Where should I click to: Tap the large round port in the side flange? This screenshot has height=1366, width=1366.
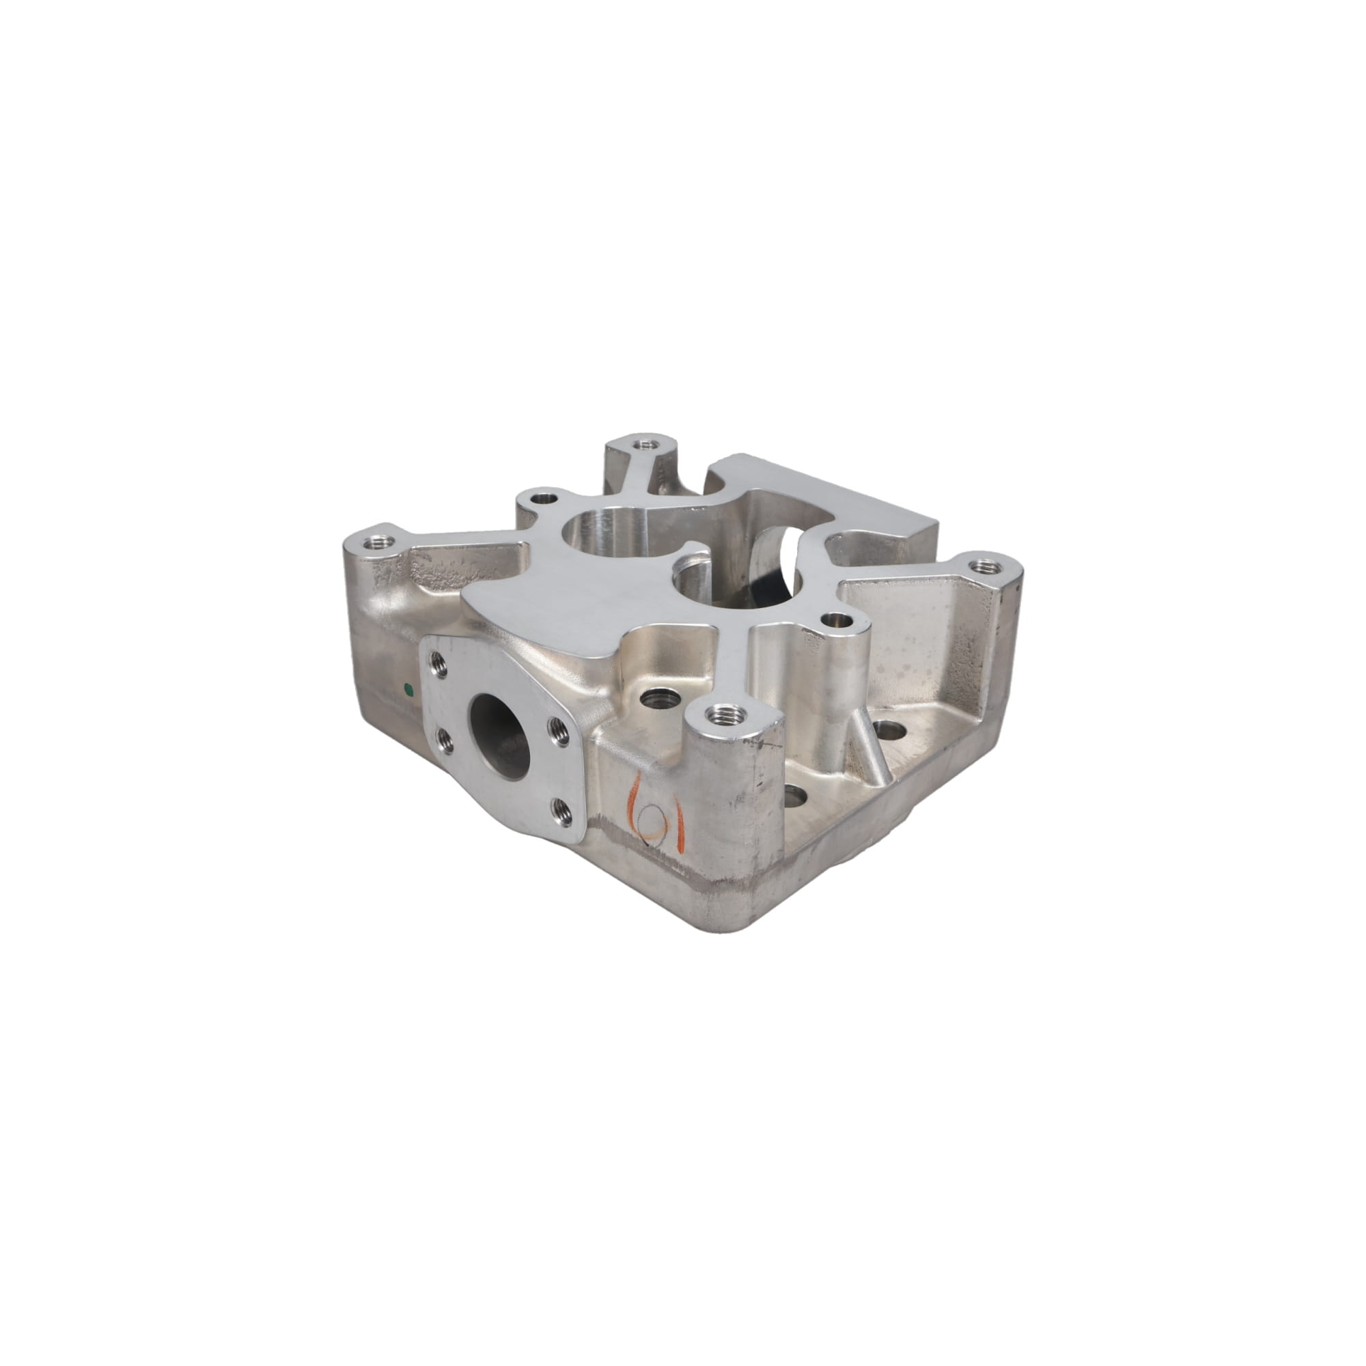(501, 736)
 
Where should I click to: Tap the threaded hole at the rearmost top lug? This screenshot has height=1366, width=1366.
(642, 445)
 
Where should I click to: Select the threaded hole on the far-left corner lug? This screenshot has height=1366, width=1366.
(376, 543)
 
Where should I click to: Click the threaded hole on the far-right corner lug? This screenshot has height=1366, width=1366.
(979, 566)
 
